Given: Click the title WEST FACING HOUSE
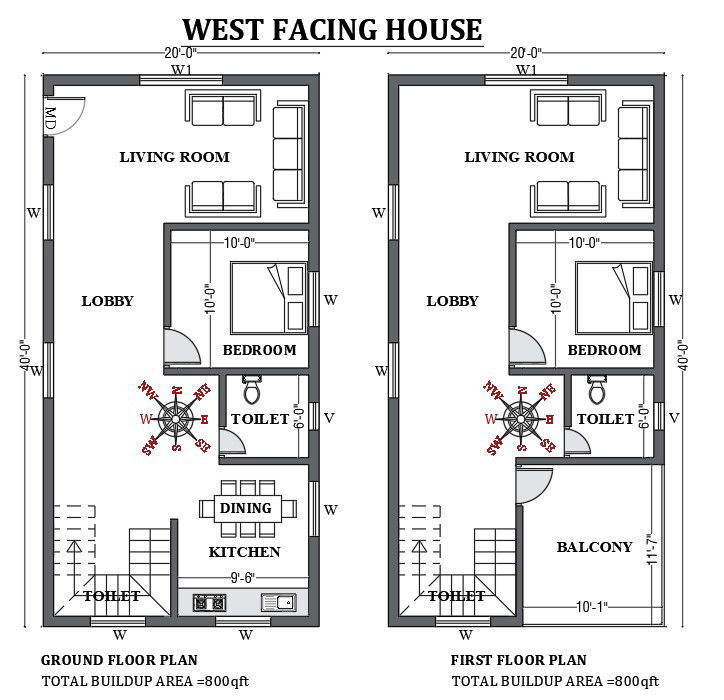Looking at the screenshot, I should (332, 29).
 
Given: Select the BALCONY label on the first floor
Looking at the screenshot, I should (594, 547).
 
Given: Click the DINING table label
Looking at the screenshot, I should (246, 508).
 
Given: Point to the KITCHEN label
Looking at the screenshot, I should (244, 552).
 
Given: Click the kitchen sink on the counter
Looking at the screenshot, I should (278, 602).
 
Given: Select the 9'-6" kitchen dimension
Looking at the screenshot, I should (243, 577).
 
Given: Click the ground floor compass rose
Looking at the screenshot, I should (176, 416).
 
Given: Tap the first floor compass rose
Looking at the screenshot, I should (521, 416).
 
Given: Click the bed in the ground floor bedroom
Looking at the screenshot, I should (268, 296).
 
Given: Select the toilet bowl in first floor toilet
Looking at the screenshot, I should (597, 388).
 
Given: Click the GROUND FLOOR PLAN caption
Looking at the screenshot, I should (118, 660).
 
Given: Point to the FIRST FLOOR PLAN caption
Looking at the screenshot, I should (518, 660).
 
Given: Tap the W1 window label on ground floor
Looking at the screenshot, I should (180, 70).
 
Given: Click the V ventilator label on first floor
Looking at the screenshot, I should (674, 417).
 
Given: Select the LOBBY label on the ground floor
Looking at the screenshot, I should (107, 301).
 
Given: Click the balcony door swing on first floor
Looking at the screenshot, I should (533, 486).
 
